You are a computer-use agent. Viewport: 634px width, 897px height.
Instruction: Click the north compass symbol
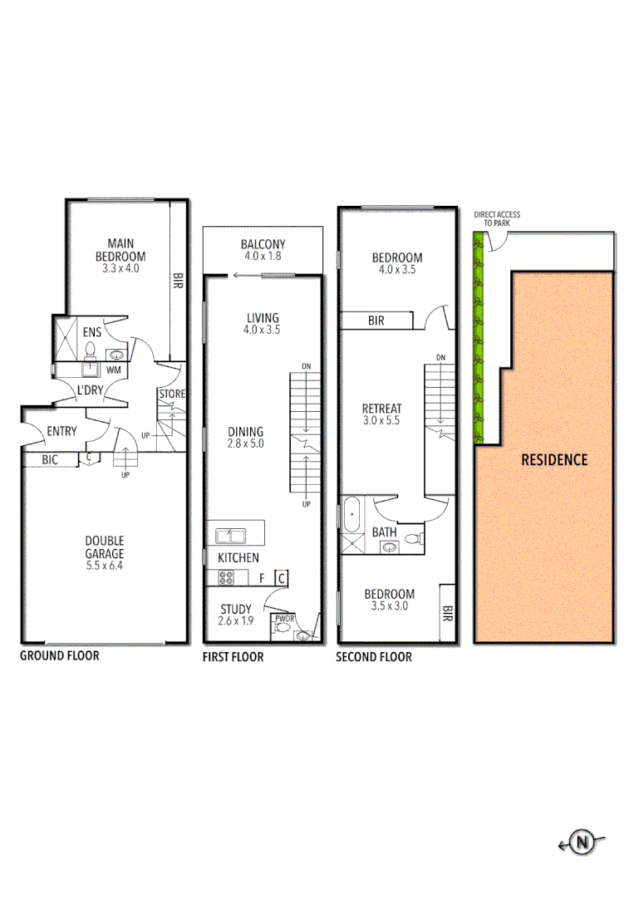[x=583, y=843]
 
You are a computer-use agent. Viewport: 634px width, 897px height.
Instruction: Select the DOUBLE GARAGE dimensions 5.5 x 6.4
[x=105, y=566]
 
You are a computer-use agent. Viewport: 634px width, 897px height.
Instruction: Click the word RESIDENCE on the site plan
[x=553, y=459]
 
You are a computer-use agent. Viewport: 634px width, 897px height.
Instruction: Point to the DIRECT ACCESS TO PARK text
[x=497, y=219]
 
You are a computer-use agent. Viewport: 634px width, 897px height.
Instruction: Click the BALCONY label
[x=263, y=244]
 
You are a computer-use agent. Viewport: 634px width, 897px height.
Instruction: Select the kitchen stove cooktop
[x=226, y=578]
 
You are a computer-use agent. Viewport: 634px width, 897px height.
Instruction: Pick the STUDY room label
[x=236, y=608]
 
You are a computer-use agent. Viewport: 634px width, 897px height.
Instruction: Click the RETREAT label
[x=382, y=409]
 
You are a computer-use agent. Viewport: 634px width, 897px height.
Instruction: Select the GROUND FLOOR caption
[x=59, y=655]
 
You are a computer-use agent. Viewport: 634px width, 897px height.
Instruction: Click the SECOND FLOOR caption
[x=373, y=657]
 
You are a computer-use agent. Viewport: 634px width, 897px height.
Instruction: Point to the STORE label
[x=172, y=394]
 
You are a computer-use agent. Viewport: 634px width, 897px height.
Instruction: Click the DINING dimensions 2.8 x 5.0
[x=245, y=444]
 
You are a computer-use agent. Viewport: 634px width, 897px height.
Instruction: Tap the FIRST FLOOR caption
[x=233, y=657]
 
